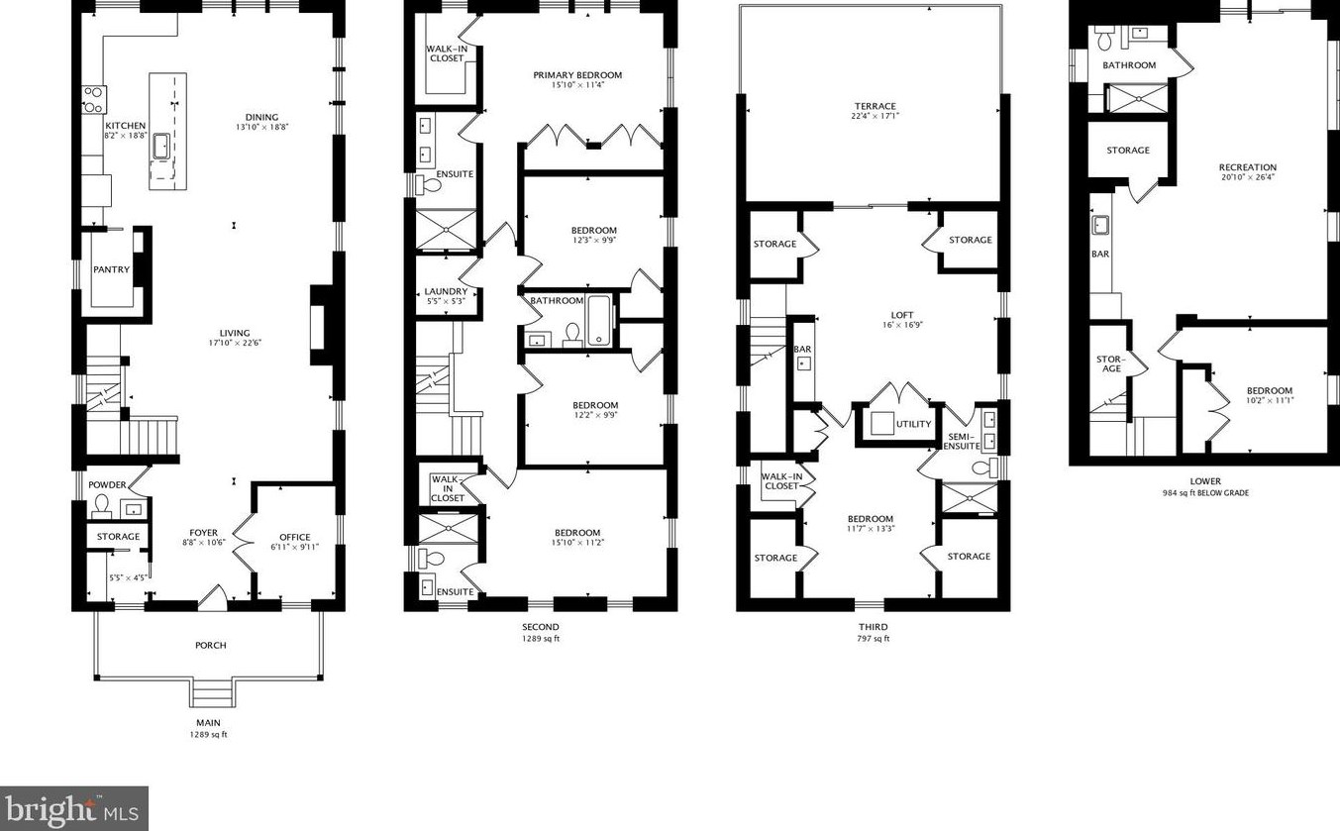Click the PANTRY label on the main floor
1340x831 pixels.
pos(112,269)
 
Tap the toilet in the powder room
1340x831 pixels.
pos(100,507)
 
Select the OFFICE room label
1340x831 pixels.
pos(294,538)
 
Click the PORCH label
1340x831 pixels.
pos(210,646)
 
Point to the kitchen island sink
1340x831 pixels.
pos(160,147)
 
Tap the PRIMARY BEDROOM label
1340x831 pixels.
pos(577,75)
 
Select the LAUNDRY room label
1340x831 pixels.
pos(445,291)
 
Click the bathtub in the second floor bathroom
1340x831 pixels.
pos(600,321)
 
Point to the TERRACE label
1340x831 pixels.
pos(876,107)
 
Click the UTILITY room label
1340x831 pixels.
pos(913,425)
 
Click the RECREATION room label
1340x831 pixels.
pos(1248,167)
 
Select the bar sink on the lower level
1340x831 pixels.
pos(1100,225)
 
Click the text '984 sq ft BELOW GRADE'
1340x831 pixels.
pos(1205,492)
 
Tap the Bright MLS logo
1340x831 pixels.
pos(74,808)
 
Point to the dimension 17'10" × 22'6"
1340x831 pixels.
pos(235,344)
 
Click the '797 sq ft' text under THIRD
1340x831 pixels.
pos(873,639)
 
